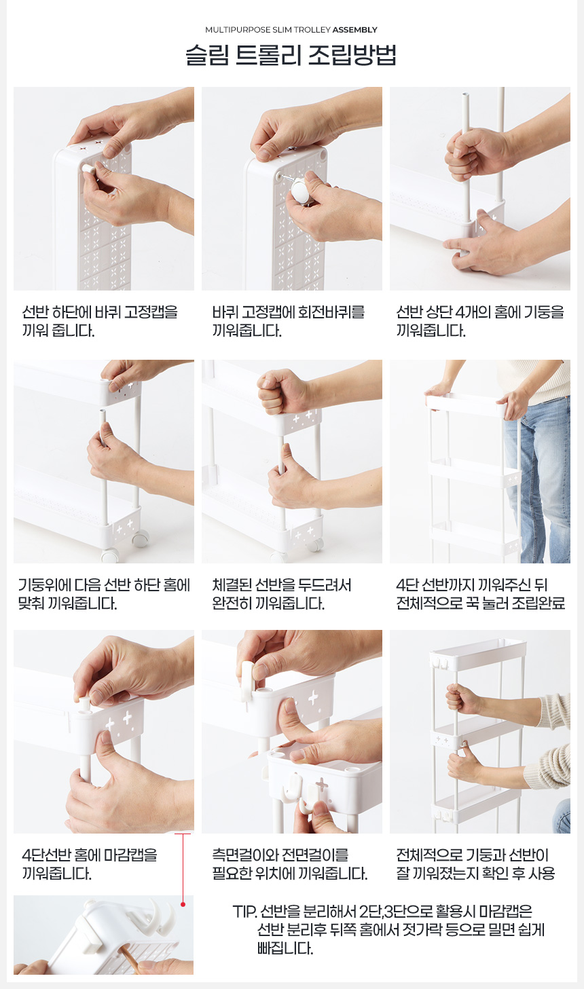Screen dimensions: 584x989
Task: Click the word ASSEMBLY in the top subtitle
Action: coord(354,30)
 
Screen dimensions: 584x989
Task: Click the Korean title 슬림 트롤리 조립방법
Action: coord(291,55)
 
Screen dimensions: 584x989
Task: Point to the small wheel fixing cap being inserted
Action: coord(88,168)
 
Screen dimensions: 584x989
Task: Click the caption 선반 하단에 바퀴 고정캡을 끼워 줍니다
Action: coord(100,321)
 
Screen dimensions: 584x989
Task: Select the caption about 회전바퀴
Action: coord(289,321)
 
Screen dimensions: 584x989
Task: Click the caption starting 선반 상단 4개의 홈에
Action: coord(480,321)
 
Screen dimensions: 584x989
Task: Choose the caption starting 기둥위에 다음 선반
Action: coord(104,594)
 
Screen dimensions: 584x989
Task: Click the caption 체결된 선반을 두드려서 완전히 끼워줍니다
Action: coord(281,594)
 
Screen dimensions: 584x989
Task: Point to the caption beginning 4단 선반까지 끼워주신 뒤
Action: coord(480,594)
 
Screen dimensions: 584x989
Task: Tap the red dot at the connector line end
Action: coord(183,905)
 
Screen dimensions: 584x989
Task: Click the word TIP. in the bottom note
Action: coord(244,912)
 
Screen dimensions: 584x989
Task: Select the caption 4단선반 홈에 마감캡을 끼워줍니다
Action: coord(90,864)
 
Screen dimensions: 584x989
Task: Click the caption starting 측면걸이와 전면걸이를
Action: coord(289,864)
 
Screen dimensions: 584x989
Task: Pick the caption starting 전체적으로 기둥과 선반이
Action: coord(475,864)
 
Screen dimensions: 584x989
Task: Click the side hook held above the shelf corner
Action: coord(248,677)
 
